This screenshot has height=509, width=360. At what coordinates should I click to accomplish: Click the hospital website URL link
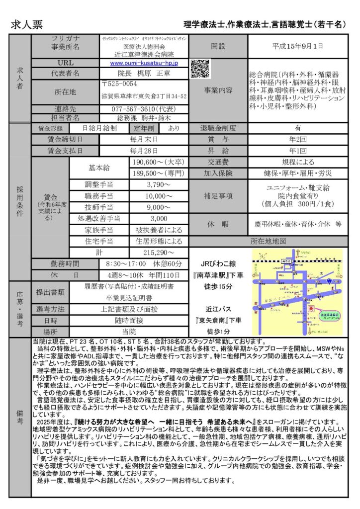(x=144, y=63)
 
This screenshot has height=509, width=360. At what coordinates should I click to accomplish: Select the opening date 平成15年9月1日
(x=297, y=46)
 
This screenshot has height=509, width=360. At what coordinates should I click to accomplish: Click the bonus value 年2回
(x=297, y=139)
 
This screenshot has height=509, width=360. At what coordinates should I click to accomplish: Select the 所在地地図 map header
(x=268, y=242)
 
